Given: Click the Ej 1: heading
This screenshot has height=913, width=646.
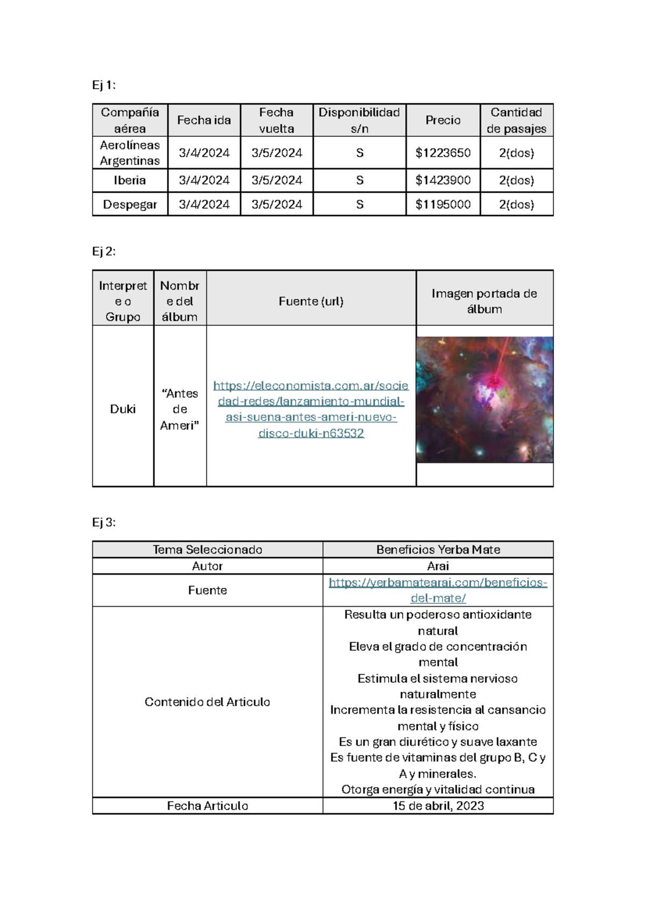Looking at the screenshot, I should (x=103, y=85).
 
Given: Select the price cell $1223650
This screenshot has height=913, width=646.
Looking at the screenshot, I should (x=443, y=153).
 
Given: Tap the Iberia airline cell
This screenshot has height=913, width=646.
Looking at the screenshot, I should (x=130, y=180).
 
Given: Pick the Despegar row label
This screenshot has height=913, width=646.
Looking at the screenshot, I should (x=130, y=205).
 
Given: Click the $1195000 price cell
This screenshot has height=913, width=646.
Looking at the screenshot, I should (x=443, y=205).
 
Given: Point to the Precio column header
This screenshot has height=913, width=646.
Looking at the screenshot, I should (x=443, y=120).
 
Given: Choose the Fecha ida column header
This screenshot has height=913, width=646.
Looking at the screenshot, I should (x=203, y=120).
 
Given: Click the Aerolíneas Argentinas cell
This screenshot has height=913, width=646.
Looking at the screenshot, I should (x=130, y=153).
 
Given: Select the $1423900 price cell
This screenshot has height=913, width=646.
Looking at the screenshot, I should (x=443, y=180).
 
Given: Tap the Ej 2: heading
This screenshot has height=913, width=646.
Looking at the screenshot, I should (x=103, y=251).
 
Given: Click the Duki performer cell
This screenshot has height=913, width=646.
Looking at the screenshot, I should (x=123, y=409).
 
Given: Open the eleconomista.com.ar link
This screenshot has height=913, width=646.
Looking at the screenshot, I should (x=311, y=409).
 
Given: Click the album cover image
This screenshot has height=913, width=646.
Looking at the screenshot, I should (x=484, y=399).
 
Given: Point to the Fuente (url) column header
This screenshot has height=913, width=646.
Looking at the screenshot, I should (x=311, y=301).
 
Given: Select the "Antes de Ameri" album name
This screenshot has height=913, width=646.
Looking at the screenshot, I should (x=180, y=409).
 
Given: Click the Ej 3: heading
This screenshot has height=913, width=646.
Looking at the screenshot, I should (x=103, y=522).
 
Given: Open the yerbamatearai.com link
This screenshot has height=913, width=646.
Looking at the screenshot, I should (x=438, y=590).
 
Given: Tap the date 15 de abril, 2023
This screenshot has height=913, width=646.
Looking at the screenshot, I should (x=438, y=806).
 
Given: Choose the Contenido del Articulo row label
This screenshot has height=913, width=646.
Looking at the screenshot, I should (x=207, y=702).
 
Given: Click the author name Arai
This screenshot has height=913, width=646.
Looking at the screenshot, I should (x=438, y=566).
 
